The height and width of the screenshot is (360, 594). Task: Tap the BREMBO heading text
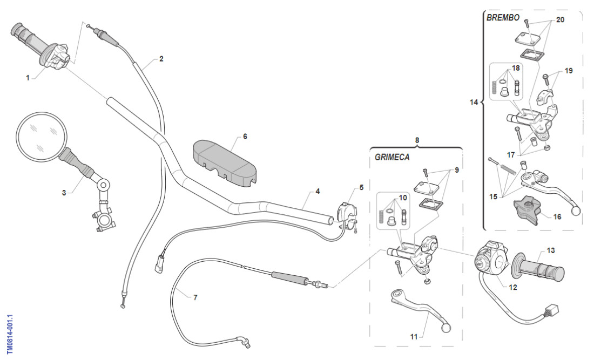503,18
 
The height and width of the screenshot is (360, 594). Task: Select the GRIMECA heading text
392,158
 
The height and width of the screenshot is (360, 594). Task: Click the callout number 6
245,137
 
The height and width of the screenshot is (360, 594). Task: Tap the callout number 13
551,250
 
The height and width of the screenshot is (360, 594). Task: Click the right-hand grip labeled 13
543,268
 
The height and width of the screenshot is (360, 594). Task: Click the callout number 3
64,192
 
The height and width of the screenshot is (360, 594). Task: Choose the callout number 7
195,297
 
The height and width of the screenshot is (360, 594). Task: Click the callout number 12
513,287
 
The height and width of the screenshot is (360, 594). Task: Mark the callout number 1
28,78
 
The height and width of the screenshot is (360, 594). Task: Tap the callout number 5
361,188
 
